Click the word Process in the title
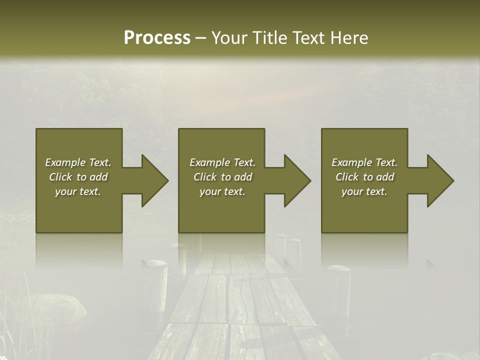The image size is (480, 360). point(157,38)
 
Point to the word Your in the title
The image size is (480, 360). point(229,38)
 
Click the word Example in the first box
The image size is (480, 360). point(65,162)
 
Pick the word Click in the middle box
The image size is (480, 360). point(204,177)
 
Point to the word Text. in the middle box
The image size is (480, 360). point(243,162)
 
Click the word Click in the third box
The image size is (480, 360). point(346,177)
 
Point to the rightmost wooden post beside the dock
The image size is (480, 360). point(338,290)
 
